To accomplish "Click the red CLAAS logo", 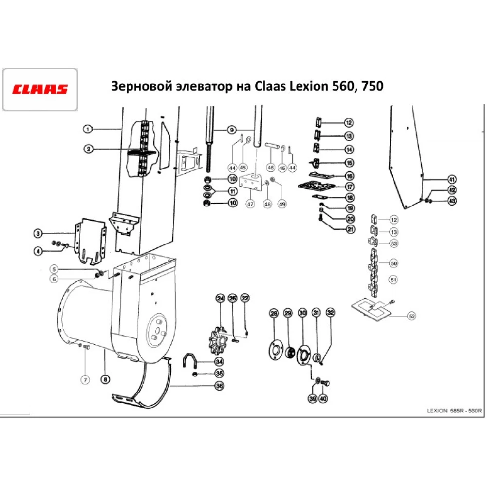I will [x=40, y=90].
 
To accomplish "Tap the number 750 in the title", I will [x=372, y=87].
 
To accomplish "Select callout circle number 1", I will [x=87, y=129].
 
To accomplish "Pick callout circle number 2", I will [x=88, y=149].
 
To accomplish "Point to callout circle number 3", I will [x=38, y=234].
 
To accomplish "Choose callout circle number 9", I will [x=232, y=130].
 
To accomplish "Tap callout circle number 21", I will [x=351, y=229].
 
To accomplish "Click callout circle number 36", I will [x=219, y=386].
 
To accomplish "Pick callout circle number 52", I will [x=412, y=317].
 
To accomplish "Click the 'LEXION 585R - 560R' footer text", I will [x=453, y=411].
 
